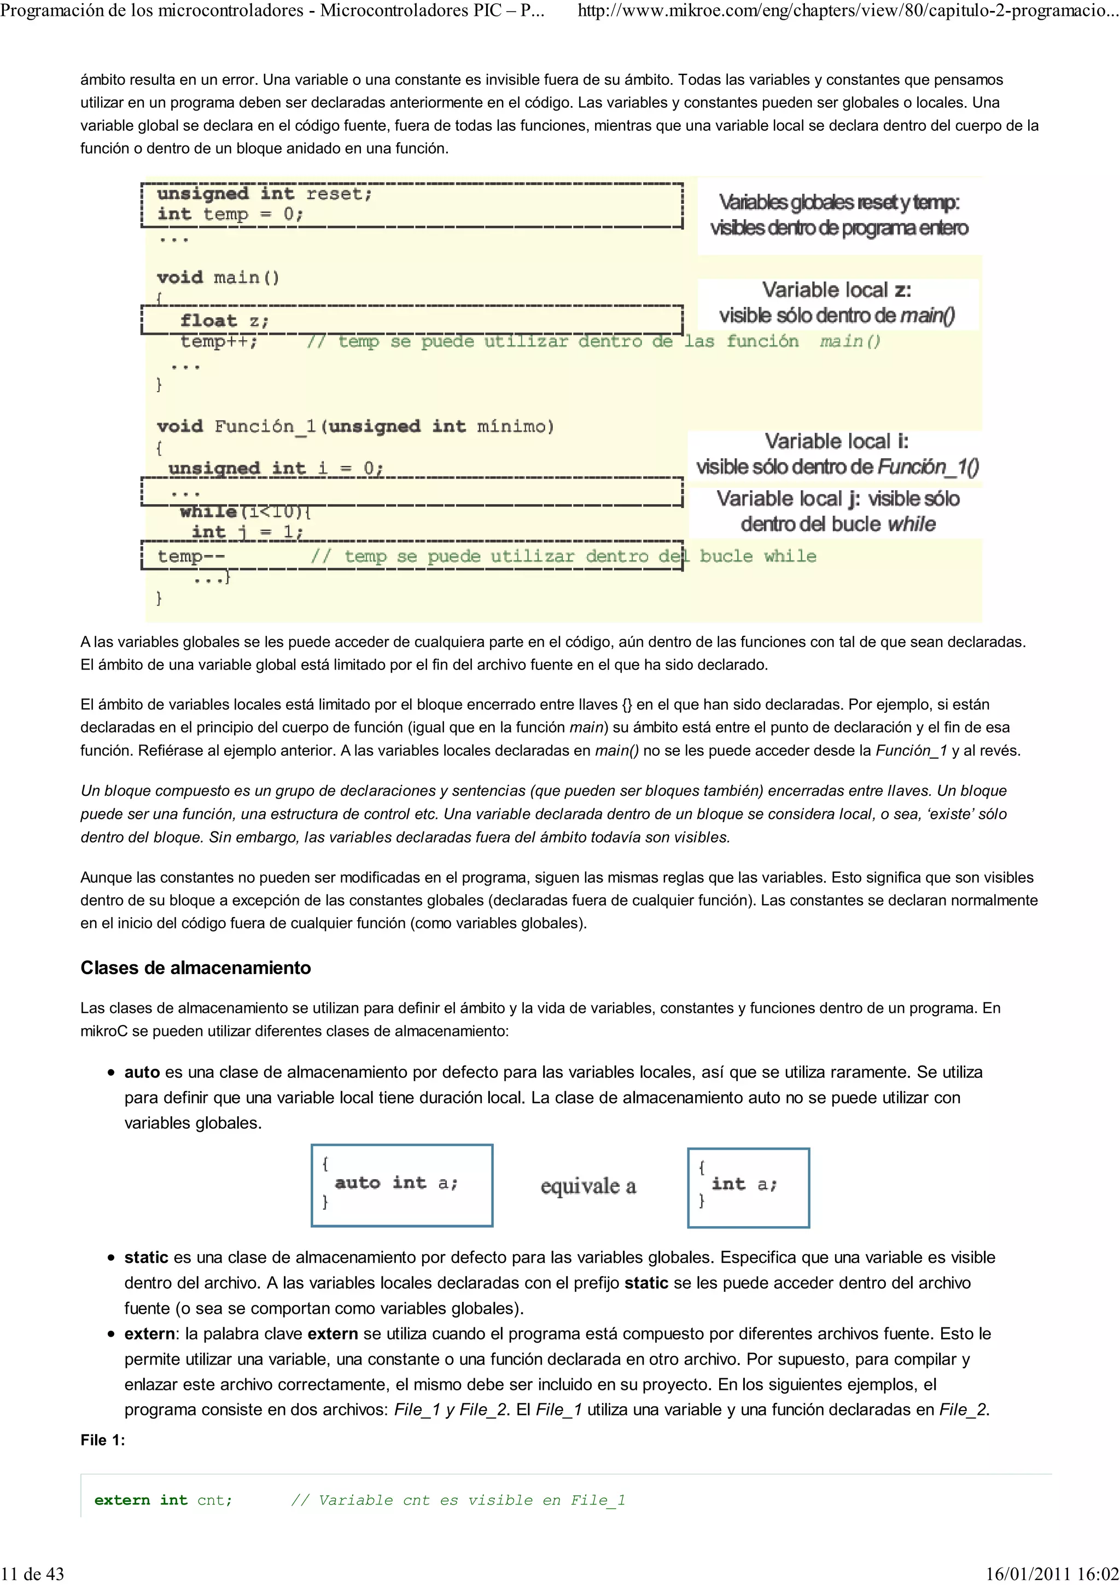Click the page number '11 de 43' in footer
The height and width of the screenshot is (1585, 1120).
32,1574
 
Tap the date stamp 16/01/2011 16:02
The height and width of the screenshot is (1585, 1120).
1052,1574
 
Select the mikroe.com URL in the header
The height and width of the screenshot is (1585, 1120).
848,10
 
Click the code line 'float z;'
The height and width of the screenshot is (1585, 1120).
224,321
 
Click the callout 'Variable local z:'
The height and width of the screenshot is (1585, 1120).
836,290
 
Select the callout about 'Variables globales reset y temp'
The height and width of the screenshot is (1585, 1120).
838,215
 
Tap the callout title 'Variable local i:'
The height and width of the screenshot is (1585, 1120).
836,441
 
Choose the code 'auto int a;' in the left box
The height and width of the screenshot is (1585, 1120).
396,1182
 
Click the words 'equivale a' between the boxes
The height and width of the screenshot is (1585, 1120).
588,1186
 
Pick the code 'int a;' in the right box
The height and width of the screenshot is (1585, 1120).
744,1184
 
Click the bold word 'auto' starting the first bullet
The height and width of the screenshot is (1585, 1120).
142,1072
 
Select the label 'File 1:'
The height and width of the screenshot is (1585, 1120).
103,1440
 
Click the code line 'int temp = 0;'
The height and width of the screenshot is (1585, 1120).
230,214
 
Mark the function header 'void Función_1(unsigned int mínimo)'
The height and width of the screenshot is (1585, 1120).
355,426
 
